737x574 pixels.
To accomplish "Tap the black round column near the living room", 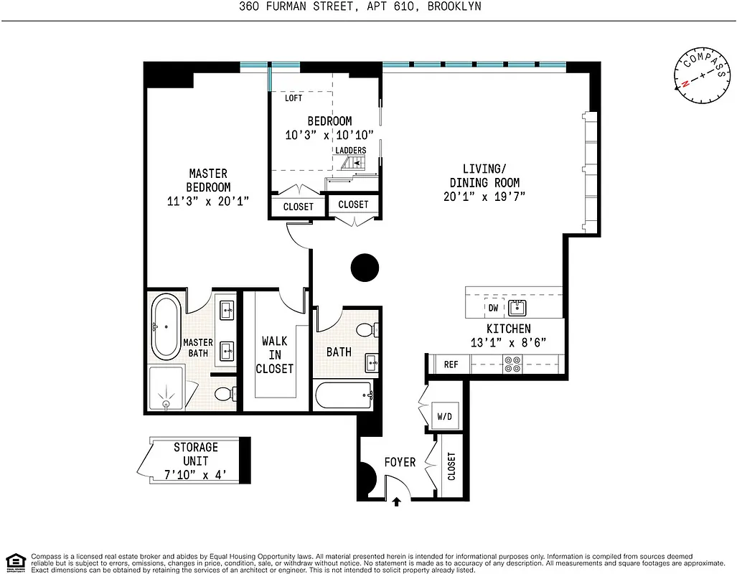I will [x=365, y=268].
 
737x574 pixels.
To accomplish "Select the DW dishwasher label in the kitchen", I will [x=493, y=307].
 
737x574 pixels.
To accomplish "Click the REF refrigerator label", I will [x=451, y=364].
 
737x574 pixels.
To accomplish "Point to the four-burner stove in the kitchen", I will [x=512, y=364].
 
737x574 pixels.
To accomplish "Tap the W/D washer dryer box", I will [x=444, y=416].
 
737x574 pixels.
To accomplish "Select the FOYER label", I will [x=400, y=462].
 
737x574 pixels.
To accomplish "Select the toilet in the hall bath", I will [x=367, y=331].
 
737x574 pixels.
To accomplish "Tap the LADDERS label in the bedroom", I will [x=351, y=150].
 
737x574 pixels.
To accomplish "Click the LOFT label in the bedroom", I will [x=294, y=98].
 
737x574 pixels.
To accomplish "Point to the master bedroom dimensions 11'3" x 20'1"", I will [x=208, y=202].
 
